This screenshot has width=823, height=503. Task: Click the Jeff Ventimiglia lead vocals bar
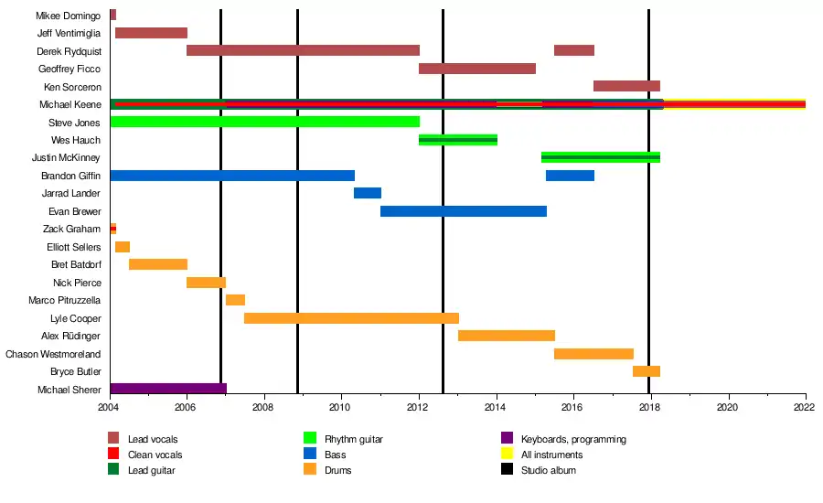coord(151,33)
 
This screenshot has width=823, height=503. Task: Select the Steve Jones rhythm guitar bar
coord(265,122)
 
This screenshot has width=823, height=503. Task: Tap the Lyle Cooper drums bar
coord(352,318)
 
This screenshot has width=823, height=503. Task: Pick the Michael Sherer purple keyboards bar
coord(168,389)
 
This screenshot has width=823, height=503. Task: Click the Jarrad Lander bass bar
coord(368,193)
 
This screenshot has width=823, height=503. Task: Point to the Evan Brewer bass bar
coord(464,211)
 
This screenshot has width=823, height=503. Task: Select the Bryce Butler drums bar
coord(647,371)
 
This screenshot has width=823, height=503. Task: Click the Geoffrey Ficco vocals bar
coord(477,69)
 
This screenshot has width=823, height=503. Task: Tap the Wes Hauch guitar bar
coord(458,140)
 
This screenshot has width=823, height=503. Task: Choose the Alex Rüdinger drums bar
coord(507,336)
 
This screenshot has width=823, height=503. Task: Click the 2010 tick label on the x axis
coord(339,408)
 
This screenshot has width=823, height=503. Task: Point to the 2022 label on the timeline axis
coord(804,408)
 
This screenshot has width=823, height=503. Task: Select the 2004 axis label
coord(108,408)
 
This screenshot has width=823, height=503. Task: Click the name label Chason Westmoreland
coord(53,354)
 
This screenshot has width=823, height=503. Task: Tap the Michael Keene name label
coord(70,104)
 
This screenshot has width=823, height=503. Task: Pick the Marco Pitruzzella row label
coord(65,300)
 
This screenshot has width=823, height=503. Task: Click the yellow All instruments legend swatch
coord(507,453)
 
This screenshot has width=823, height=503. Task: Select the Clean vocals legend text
coord(155,455)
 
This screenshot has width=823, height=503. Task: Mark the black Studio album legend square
coord(507,469)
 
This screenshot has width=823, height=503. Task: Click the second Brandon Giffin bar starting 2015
coord(570,176)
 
